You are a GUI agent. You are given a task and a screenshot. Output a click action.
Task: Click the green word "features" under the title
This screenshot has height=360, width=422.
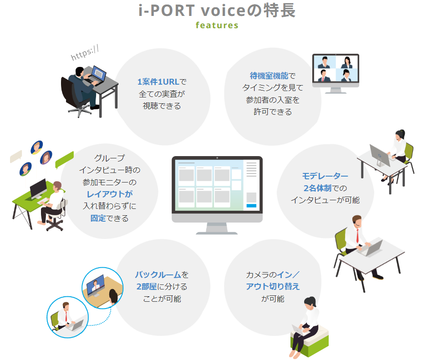tap(217, 25)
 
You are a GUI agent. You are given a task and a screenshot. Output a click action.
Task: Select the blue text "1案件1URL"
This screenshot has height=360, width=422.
tap(159, 82)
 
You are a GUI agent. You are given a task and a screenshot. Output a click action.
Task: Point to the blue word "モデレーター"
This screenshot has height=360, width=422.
tap(325, 176)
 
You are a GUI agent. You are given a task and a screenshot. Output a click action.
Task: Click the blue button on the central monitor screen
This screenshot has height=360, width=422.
tap(251, 206)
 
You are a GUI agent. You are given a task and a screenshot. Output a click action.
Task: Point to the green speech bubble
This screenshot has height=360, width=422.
tap(64, 160)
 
